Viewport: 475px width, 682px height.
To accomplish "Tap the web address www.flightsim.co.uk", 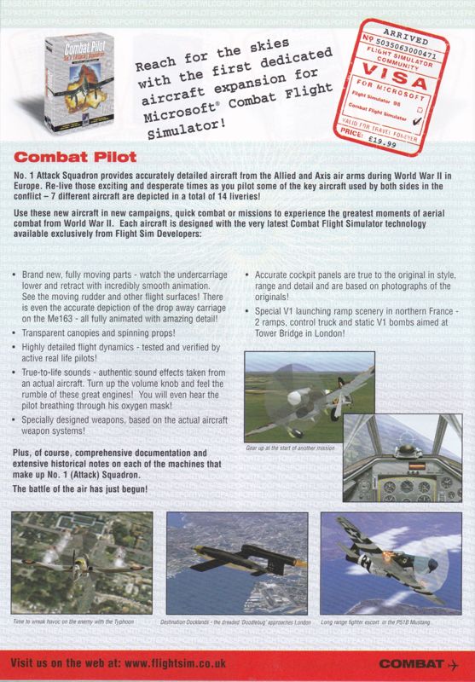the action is [187, 662].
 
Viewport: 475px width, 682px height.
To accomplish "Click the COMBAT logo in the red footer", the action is [419, 663].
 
